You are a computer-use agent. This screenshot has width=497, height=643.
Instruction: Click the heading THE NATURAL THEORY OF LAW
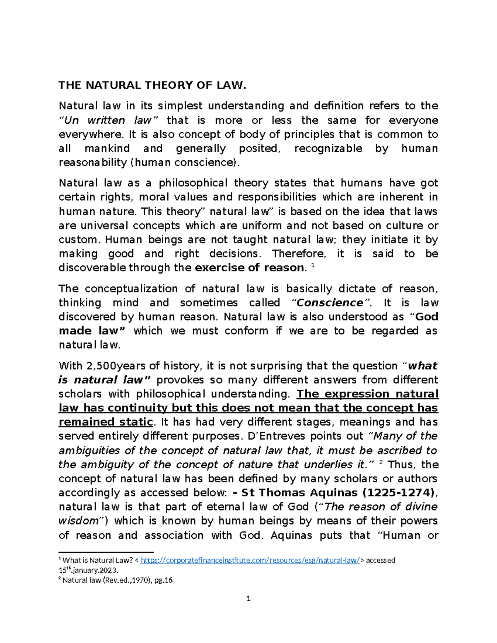pos(152,85)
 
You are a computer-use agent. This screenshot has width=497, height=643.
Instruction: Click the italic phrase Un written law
pos(109,120)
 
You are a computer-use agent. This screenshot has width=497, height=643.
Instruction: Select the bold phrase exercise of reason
pos(249,268)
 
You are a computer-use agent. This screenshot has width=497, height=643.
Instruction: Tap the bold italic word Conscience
pos(330,303)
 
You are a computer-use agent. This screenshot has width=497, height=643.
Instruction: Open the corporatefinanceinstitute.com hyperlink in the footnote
pos(250,561)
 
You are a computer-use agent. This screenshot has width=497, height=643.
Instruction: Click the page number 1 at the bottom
pos(248,599)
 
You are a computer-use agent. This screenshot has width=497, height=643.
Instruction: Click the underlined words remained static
pos(106,422)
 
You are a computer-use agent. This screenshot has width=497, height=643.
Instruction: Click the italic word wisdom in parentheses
pos(82,521)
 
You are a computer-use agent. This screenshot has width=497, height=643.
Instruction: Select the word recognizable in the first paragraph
pos(328,149)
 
